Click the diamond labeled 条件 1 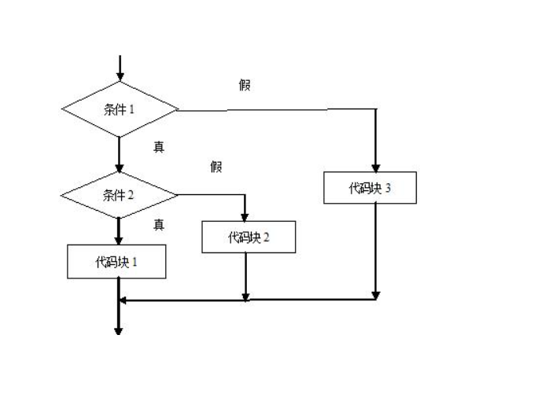pos(120,109)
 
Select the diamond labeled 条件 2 pos(120,194)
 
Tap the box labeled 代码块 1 pos(116,262)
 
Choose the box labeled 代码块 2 pos(249,236)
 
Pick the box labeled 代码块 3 pos(370,188)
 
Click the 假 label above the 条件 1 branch pos(245,85)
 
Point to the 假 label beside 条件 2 pos(216,166)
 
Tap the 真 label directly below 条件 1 pos(159,146)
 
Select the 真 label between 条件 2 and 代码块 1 pos(159,225)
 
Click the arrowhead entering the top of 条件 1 pos(120,77)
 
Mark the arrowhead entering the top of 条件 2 pos(120,168)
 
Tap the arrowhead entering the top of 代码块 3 pos(376,168)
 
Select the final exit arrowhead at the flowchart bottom pos(120,331)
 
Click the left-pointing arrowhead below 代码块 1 pos(123,300)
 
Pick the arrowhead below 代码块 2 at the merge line pos(246,296)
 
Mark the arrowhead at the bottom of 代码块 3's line pos(376,295)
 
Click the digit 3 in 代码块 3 pos(389,189)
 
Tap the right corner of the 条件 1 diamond pos(178,109)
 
